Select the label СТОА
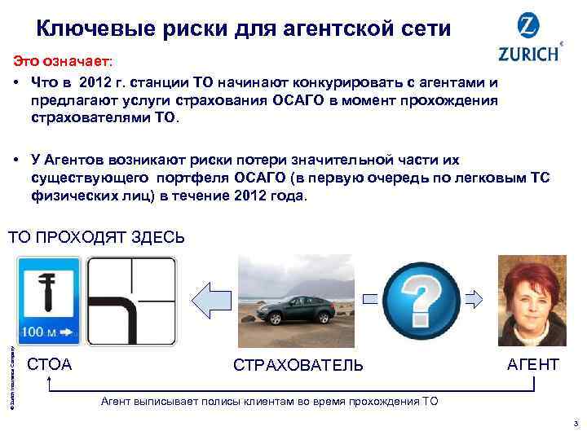pyautogui.click(x=50, y=364)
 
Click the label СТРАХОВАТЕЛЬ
pyautogui.click(x=298, y=365)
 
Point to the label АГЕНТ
pyautogui.click(x=533, y=364)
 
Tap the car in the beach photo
pyautogui.click(x=298, y=309)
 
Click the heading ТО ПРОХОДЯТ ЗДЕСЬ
pyautogui.click(x=96, y=238)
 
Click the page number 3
pyautogui.click(x=575, y=423)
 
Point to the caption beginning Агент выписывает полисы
pyautogui.click(x=268, y=402)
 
